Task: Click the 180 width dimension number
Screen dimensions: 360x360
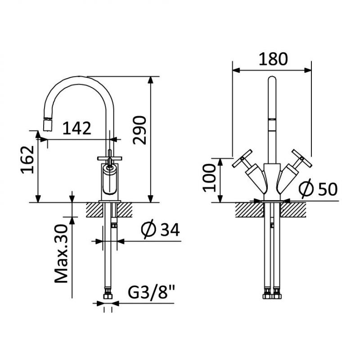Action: [273, 59]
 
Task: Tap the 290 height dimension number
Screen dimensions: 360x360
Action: [139, 130]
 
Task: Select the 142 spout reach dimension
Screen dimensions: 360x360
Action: [77, 128]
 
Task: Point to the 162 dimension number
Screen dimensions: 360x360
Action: [27, 160]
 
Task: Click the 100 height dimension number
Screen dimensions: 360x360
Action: [209, 178]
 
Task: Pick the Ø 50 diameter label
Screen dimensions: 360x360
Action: [318, 189]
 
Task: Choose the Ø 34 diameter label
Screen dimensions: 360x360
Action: [160, 229]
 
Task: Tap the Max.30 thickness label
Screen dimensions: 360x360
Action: [61, 253]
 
